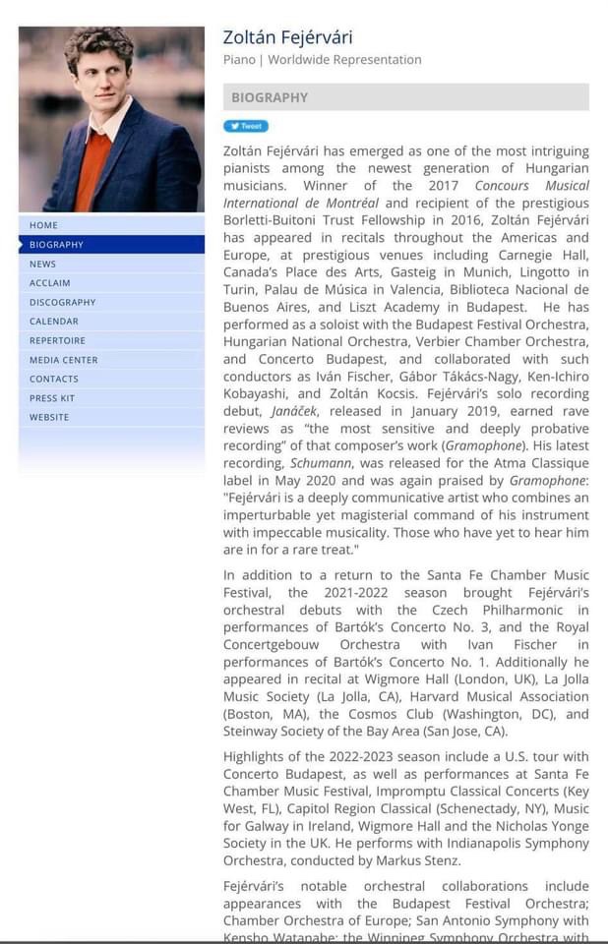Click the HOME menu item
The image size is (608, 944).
[44, 225]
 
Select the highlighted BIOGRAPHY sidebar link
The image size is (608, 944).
[57, 245]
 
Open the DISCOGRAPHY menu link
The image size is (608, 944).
[63, 302]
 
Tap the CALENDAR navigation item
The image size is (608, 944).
[54, 322]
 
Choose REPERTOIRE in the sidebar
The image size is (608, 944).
[57, 340]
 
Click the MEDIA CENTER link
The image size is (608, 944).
[64, 360]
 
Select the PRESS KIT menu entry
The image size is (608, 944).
[52, 398]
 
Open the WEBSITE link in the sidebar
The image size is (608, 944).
[49, 417]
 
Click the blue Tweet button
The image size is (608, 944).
[246, 126]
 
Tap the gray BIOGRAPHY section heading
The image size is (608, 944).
[270, 97]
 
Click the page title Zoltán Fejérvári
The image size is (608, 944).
[287, 37]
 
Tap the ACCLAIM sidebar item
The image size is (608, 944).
[50, 283]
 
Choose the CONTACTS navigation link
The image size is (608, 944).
[54, 379]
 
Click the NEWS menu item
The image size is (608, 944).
[43, 264]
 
